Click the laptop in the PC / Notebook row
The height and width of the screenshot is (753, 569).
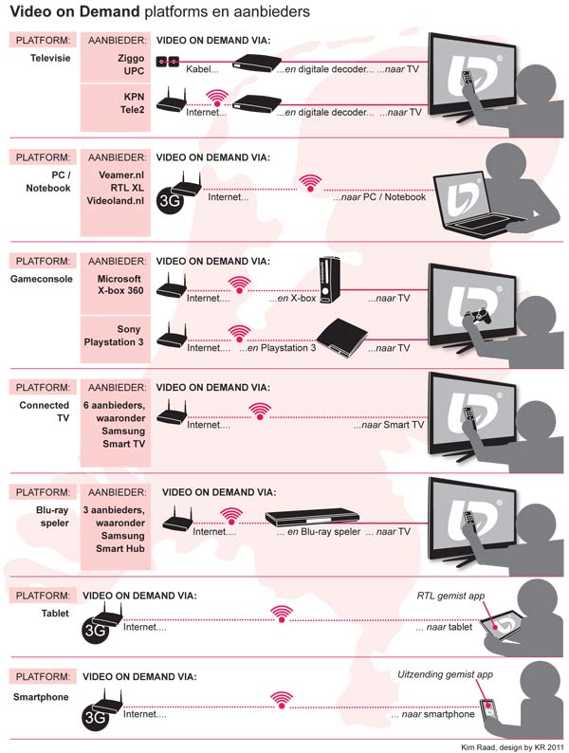tap(474, 208)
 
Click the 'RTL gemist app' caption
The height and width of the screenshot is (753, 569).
tap(450, 597)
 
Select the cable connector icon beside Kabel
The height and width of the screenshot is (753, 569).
tap(168, 63)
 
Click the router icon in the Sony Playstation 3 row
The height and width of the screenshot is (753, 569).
tap(170, 336)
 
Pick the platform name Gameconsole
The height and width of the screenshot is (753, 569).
tap(44, 280)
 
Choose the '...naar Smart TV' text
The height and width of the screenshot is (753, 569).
tap(388, 426)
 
